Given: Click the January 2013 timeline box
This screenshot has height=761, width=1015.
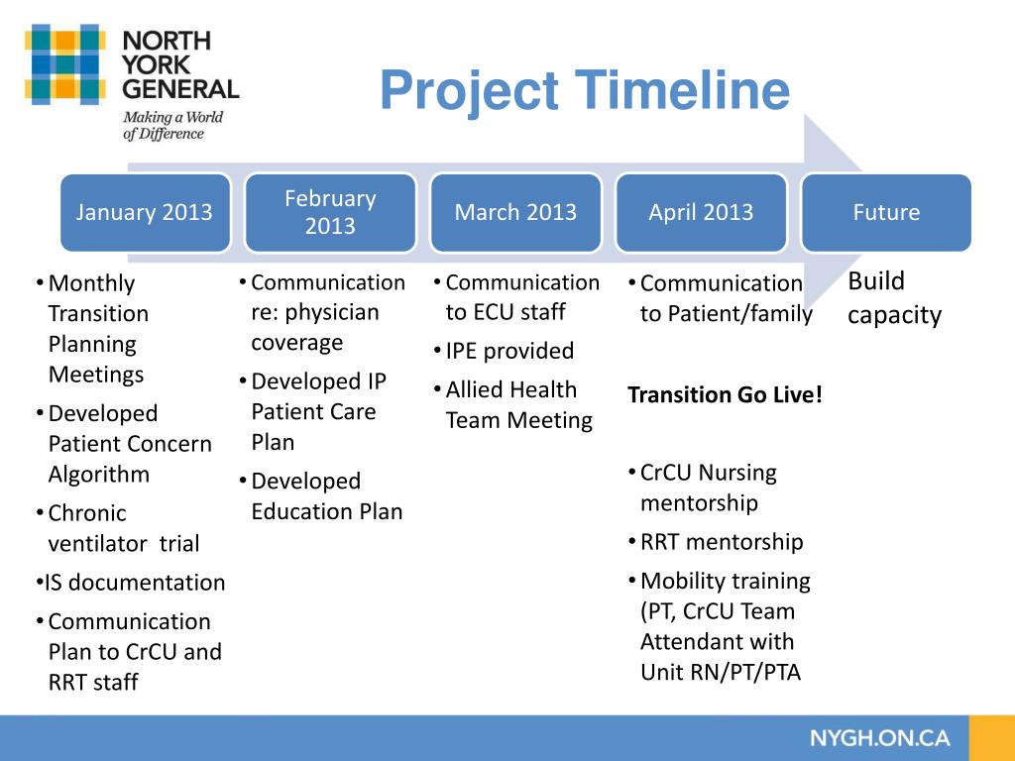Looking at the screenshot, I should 145,212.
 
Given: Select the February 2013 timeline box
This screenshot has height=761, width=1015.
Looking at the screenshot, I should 330,212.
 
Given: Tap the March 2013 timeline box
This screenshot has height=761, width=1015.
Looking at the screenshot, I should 515,212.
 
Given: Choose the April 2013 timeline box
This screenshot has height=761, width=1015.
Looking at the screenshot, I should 701,212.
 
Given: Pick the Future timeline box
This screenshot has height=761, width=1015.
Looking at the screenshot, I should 886,212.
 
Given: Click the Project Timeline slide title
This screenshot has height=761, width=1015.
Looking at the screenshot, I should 584,90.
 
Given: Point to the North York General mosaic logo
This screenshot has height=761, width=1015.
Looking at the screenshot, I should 65,65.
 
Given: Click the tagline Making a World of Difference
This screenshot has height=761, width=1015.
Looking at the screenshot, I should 172,126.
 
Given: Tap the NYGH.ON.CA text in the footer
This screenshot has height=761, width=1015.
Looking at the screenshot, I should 879,738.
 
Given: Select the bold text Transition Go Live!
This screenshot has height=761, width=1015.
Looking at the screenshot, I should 725,395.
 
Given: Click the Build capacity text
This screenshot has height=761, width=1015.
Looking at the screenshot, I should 893,298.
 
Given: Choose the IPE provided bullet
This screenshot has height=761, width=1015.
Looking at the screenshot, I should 509,351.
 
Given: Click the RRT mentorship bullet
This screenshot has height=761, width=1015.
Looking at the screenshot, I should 721,542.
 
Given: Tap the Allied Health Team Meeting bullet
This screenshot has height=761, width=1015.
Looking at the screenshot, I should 517,405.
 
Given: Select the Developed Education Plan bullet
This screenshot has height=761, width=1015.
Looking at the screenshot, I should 326,496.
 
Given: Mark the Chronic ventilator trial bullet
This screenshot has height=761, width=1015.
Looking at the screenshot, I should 123,528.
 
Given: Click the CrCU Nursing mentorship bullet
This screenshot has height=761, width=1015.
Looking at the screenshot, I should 708,488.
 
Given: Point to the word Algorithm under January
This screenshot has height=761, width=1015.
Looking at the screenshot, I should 99,474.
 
